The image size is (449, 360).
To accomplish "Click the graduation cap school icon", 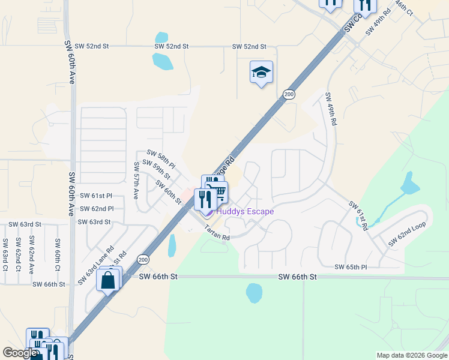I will point(261,73).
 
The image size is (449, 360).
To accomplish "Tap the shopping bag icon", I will point(108,280).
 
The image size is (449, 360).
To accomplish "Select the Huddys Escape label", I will point(245,211).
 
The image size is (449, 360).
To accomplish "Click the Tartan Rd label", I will point(217,232).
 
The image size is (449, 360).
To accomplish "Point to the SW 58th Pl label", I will point(161,160).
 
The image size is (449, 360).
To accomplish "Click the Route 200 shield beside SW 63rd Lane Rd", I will point(142,259).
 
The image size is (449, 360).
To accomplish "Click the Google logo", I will point(20,353).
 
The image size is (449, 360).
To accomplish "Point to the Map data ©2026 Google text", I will point(411,355).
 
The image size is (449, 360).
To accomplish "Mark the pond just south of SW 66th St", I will point(254,293).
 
